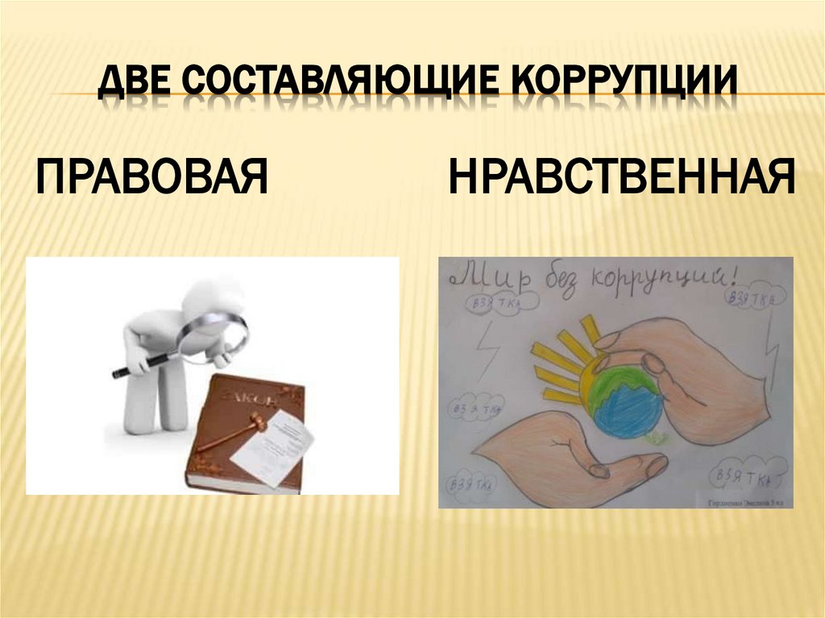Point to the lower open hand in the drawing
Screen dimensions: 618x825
point(564,459)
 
